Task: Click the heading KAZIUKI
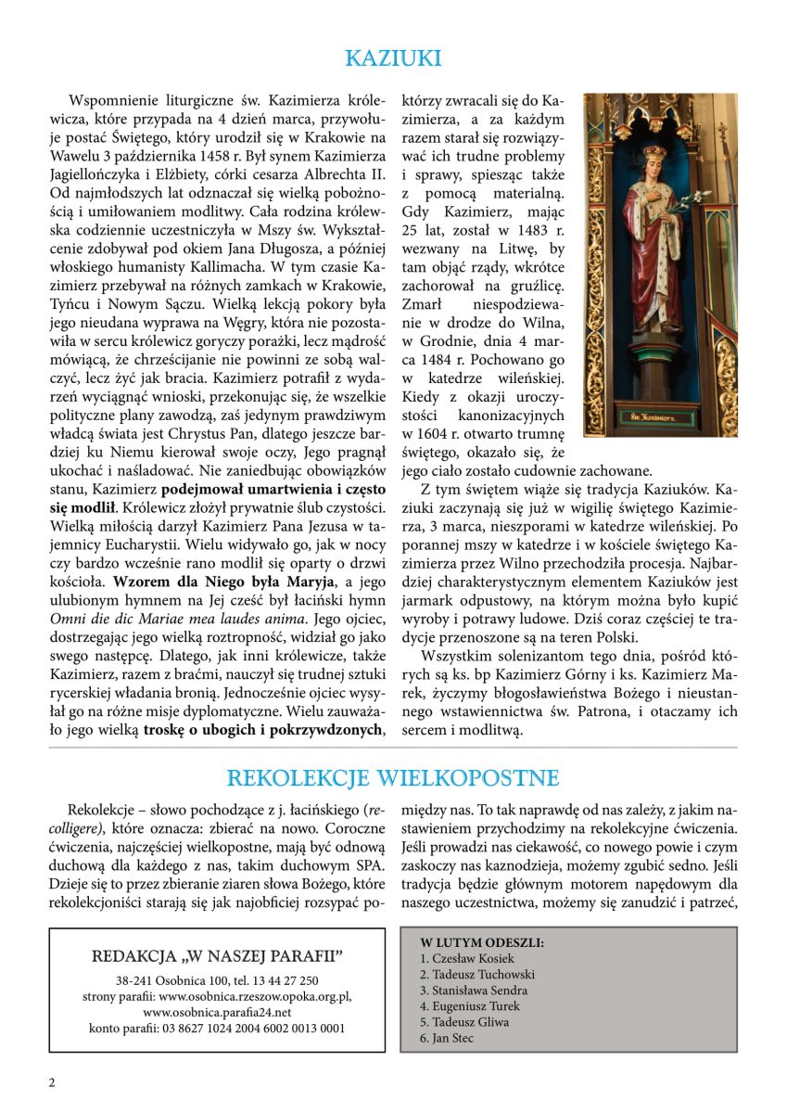[393, 58]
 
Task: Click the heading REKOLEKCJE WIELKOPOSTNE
[393, 776]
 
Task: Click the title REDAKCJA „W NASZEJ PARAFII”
[217, 955]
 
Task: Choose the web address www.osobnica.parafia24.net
[217, 1012]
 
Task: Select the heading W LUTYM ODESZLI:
[481, 943]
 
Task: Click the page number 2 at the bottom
[52, 1082]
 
